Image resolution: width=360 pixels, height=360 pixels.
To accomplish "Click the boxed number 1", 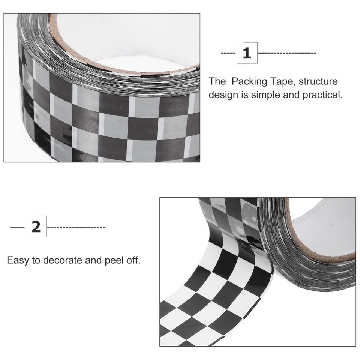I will (x=247, y=53).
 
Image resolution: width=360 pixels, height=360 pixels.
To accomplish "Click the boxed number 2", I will (x=36, y=226).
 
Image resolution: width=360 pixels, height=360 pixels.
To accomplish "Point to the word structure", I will (x=318, y=81).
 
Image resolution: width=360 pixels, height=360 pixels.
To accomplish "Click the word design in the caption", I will (x=224, y=94).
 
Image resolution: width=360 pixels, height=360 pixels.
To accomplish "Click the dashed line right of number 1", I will (x=287, y=53).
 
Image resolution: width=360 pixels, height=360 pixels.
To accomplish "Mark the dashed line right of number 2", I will (x=76, y=227).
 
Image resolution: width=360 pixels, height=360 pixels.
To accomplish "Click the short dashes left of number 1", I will (x=228, y=53).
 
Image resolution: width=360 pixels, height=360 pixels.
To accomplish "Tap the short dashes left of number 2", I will (x=17, y=227).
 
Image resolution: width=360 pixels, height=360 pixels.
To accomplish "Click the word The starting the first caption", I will (x=217, y=81).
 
